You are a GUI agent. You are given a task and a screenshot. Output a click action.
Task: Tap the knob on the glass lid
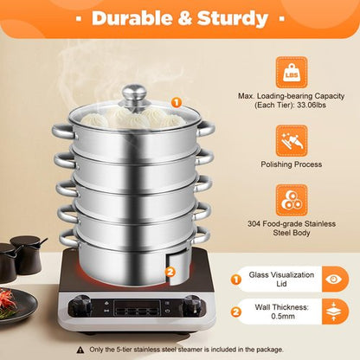(x=133, y=93)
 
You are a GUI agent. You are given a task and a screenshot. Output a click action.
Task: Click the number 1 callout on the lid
(x=176, y=102)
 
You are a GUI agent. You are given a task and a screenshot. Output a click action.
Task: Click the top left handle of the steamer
(x=61, y=131)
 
